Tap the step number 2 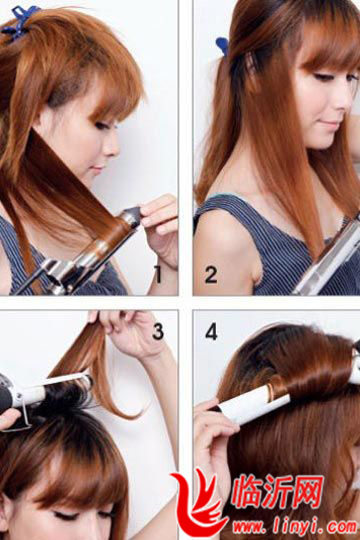[211, 274]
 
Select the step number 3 [158, 331]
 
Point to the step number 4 [211, 331]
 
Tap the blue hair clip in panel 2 [223, 46]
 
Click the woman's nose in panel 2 [341, 102]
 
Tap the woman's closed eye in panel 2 [323, 77]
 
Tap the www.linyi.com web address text [295, 527]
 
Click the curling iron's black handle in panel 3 [8, 396]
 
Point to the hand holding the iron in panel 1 [161, 228]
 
